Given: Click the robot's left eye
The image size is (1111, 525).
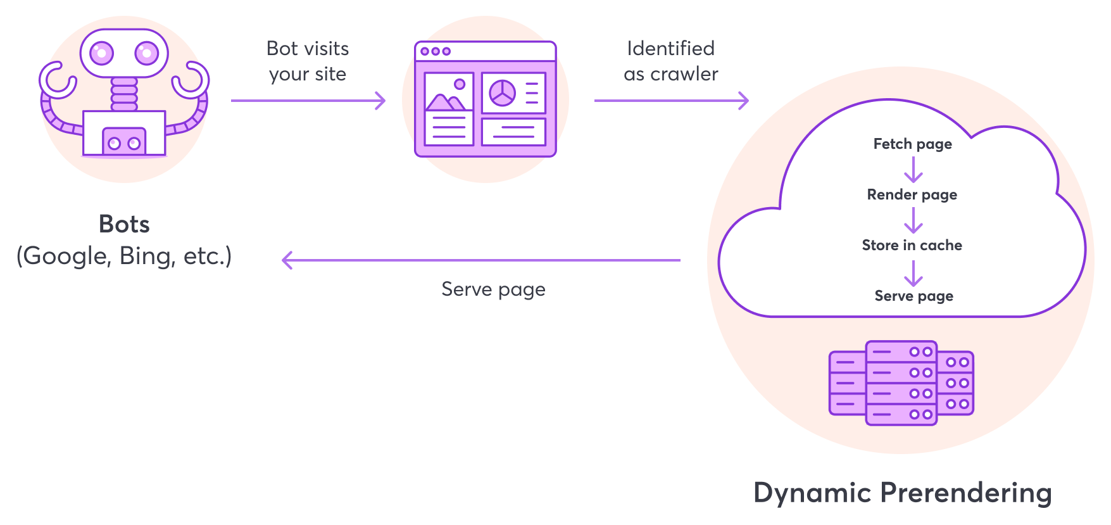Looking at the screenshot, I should pos(101,53).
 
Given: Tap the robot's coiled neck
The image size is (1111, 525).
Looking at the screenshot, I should pos(124,94).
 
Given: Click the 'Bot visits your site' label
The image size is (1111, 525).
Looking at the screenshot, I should pos(308,61).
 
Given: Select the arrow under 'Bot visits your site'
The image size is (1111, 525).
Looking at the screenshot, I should pos(308,100).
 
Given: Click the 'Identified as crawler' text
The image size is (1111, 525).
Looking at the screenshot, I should pos(671,61).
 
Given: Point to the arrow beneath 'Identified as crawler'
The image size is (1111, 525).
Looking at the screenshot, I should pos(671,100).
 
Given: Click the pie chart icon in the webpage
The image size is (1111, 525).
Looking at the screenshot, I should pos(503,93).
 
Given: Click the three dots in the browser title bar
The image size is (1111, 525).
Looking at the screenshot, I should pos(436,51).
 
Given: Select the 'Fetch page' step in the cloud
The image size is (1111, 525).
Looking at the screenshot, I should pos(912,144).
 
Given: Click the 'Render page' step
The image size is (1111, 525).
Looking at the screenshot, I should pos(912,194).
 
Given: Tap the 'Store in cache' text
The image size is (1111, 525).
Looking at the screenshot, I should pos(912,245).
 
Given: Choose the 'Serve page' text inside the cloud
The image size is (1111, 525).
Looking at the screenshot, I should pos(913,296).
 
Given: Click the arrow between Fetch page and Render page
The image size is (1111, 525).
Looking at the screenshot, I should pos(913,169).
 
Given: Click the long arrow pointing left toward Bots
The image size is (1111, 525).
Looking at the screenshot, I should pos(481,260).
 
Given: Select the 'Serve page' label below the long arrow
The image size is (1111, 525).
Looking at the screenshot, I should pos(493,289).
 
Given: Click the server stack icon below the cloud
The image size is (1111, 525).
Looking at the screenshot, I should pos(901,383).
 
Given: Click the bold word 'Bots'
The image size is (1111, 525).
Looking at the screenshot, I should pos(124,224).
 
